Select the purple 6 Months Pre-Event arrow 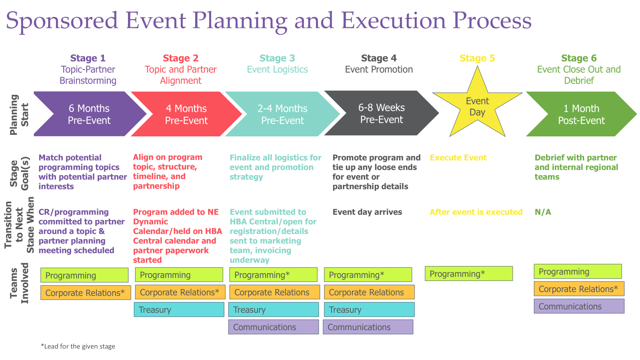[x=89, y=114]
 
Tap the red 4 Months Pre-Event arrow [x=186, y=114]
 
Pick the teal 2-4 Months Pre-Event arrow [x=282, y=114]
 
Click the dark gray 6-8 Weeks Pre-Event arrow [x=381, y=113]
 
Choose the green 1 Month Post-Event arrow [x=581, y=114]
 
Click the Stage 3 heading [x=277, y=58]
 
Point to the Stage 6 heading [x=578, y=58]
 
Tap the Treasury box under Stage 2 [x=179, y=310]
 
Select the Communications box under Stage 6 [x=579, y=306]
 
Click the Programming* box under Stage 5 [x=468, y=274]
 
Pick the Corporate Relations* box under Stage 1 [x=85, y=293]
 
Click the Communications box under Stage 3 [x=274, y=327]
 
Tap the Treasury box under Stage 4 [x=369, y=310]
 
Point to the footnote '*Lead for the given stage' [x=78, y=346]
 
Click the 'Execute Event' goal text [x=458, y=158]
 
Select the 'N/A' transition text [x=543, y=212]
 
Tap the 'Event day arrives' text [x=367, y=212]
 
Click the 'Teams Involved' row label [x=20, y=283]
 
